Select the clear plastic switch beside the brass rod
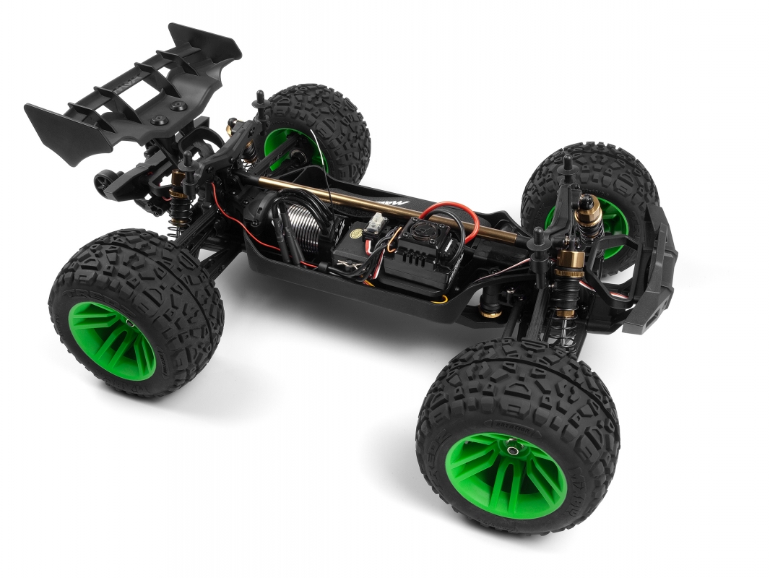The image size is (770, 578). coord(378,224)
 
